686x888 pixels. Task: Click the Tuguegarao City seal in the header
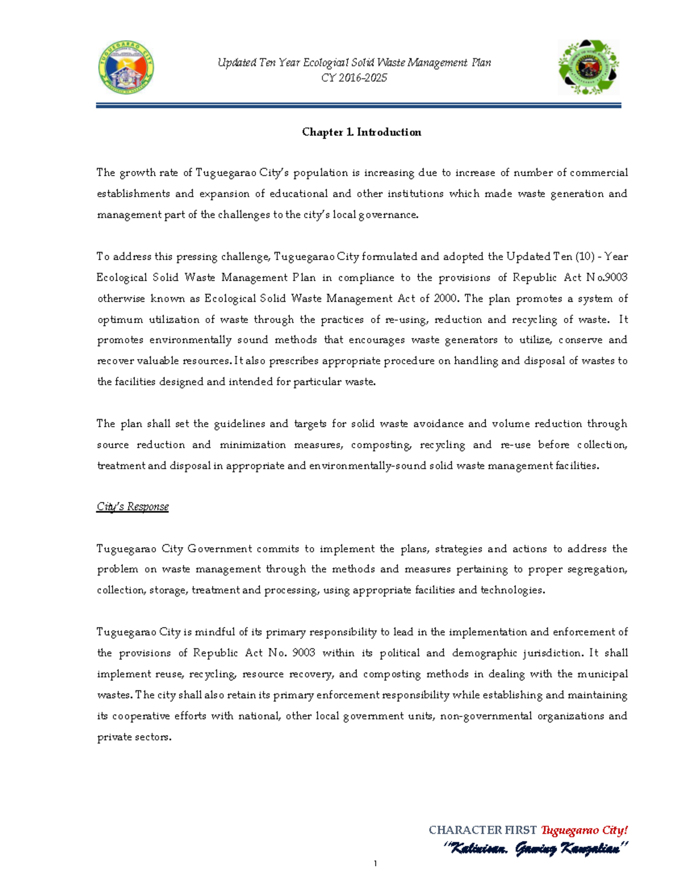[x=126, y=67]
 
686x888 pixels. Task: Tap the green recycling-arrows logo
[x=588, y=67]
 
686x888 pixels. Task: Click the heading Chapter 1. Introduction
[x=361, y=132]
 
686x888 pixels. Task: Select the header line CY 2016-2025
[x=354, y=78]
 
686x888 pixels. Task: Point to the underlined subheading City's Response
[x=133, y=507]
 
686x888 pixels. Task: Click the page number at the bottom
[x=375, y=863]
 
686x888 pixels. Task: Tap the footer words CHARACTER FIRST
[x=482, y=830]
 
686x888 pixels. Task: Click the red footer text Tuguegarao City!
[x=584, y=830]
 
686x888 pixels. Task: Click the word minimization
[x=253, y=445]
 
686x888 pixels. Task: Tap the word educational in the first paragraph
[x=300, y=194]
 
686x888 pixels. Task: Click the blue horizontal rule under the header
[x=358, y=106]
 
